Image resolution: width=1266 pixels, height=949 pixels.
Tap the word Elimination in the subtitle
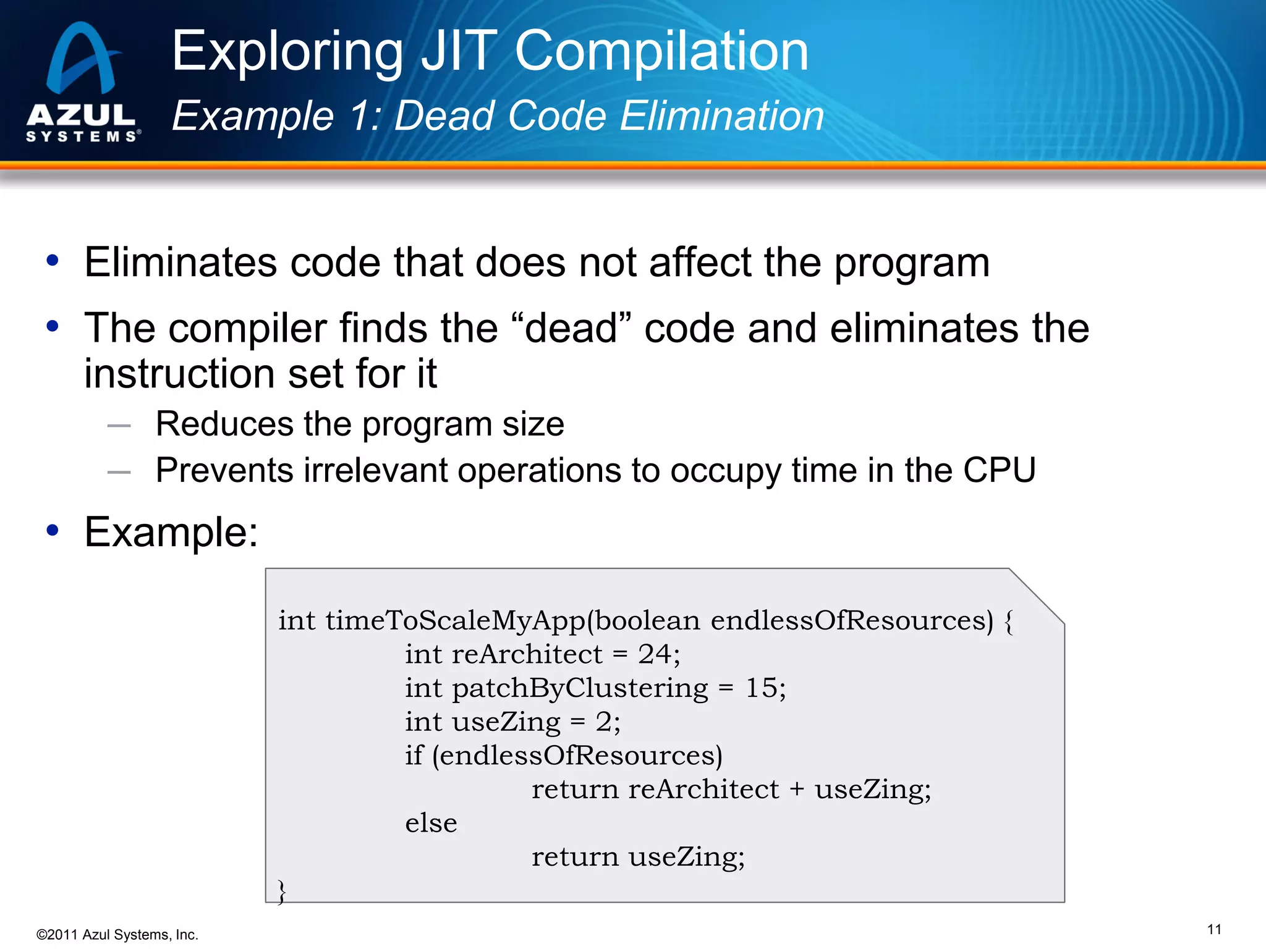(721, 116)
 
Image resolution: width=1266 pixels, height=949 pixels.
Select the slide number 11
(1214, 929)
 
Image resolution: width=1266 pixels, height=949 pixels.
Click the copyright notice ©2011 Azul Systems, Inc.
(117, 935)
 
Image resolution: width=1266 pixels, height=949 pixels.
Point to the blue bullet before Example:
(53, 530)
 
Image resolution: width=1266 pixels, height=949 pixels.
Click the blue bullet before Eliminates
(53, 261)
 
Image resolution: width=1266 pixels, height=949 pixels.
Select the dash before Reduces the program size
(119, 426)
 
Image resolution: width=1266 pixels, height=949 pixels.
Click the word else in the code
(431, 823)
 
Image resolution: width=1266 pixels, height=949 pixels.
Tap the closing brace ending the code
(282, 891)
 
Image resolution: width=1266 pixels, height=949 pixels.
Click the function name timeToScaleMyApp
(456, 620)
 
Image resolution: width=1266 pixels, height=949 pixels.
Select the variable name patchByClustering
(580, 688)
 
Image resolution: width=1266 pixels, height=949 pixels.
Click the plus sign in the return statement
(797, 789)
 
